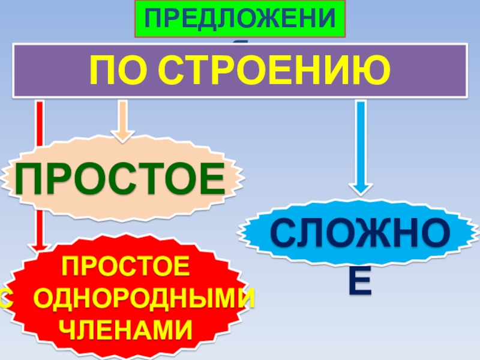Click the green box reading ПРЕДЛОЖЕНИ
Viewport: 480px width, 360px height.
(239, 19)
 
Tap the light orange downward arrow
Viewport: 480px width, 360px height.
(122, 120)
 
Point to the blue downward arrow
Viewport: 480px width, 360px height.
(360, 147)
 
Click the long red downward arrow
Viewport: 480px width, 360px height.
(40, 174)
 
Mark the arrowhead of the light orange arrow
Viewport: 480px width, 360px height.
(122, 134)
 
